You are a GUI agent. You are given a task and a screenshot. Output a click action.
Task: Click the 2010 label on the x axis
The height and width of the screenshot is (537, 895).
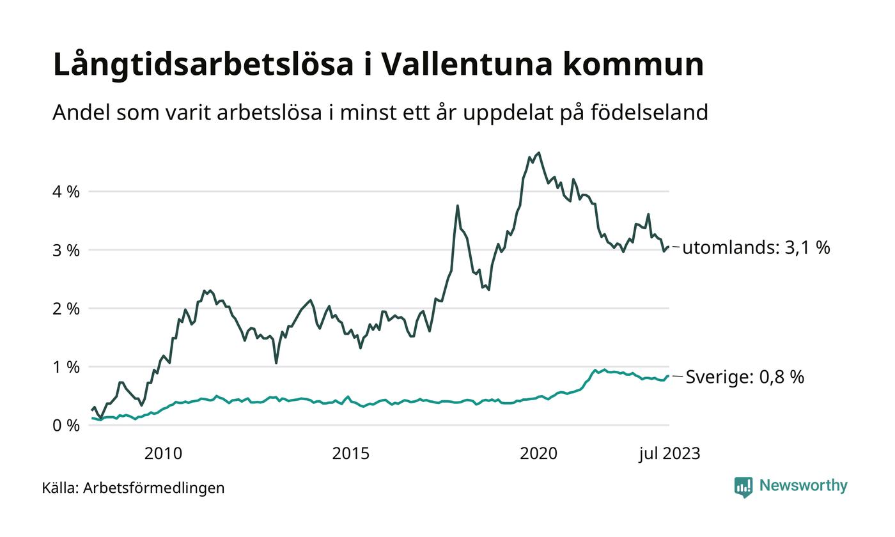click(163, 454)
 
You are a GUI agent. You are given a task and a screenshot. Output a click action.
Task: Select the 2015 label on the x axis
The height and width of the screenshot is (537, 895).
click(351, 454)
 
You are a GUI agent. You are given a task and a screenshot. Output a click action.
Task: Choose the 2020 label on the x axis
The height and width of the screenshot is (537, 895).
click(539, 454)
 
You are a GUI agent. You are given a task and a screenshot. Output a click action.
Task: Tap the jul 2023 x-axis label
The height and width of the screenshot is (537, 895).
click(669, 454)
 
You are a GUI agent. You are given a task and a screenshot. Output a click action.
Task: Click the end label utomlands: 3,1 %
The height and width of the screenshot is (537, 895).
click(756, 248)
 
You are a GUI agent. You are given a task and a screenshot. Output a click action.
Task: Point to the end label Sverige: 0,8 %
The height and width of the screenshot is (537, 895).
click(744, 377)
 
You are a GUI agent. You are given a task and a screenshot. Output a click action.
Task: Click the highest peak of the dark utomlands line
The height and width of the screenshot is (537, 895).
click(539, 152)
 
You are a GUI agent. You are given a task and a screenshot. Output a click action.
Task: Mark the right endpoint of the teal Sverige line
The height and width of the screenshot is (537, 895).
click(669, 376)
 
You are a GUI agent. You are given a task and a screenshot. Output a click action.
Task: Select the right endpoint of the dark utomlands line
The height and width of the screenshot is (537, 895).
click(669, 247)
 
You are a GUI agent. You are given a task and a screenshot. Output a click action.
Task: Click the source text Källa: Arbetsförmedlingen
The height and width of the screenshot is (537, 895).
click(133, 488)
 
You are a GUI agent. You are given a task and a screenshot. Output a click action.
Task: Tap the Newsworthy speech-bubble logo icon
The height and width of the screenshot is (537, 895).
click(743, 487)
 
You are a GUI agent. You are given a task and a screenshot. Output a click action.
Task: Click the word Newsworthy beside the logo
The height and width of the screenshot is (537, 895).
click(803, 486)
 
